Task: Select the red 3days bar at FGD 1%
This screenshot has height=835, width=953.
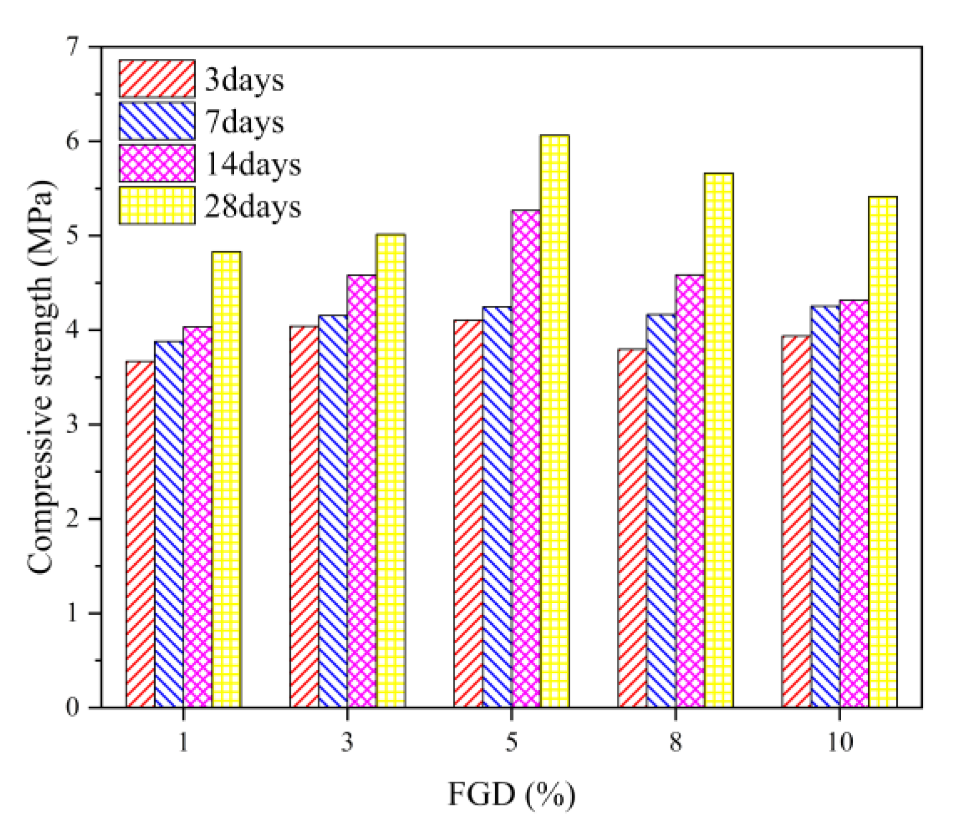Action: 140,534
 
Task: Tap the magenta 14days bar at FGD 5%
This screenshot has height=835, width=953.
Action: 526,459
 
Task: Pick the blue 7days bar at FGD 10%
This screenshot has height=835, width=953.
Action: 825,506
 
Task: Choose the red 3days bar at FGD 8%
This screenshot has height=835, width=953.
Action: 632,528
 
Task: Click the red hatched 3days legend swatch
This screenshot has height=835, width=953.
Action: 157,79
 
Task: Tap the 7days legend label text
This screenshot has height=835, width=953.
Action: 244,122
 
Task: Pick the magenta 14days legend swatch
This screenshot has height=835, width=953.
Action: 157,163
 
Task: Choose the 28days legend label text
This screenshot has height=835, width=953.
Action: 253,206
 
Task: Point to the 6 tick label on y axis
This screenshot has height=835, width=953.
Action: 72,141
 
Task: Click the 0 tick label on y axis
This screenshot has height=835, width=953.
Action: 72,708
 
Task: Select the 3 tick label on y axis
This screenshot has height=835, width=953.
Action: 72,425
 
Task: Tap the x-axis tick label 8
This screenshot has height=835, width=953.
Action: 675,742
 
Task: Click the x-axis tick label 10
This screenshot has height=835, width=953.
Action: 840,742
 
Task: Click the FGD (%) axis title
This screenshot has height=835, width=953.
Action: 511,794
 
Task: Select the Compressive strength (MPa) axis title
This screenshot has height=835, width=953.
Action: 42,377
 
